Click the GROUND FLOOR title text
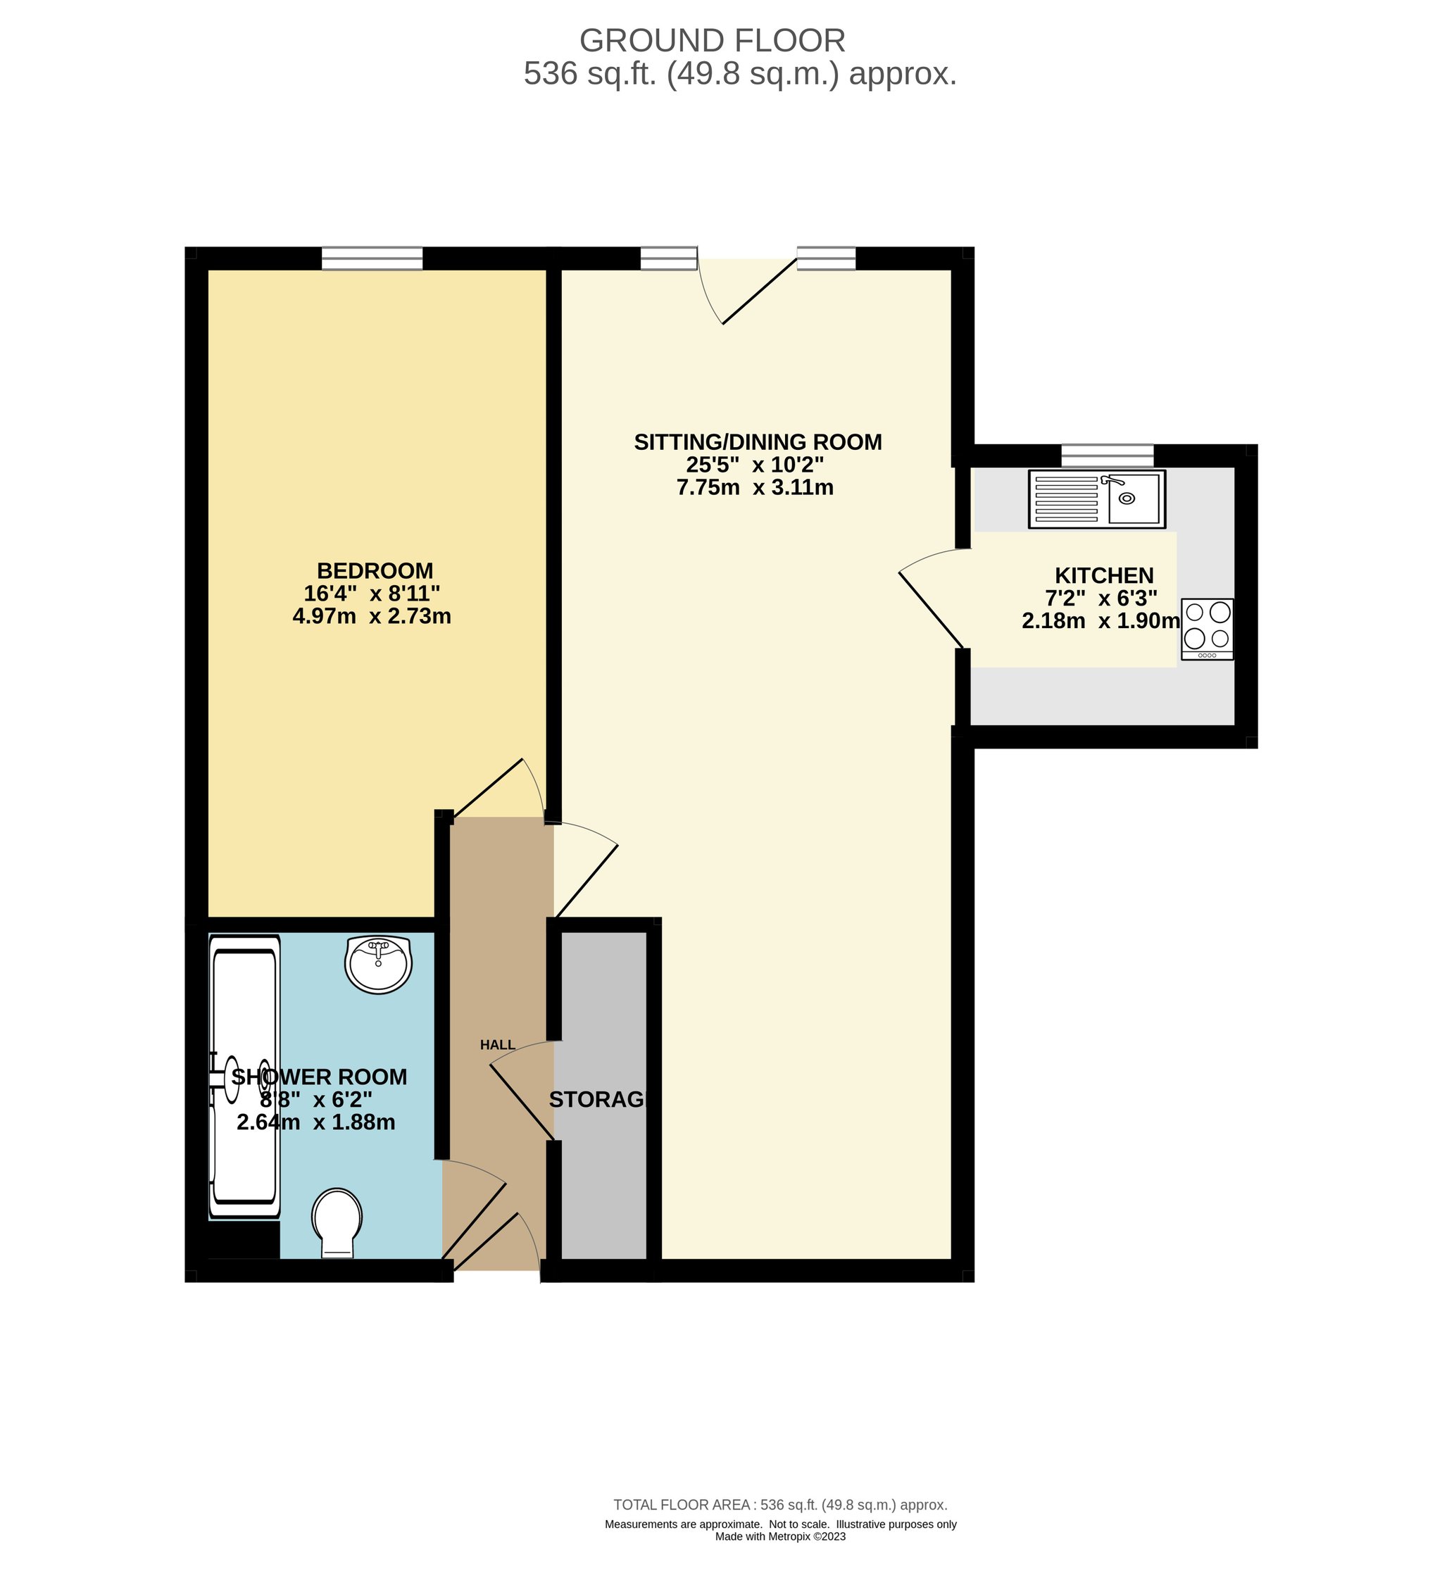pyautogui.click(x=713, y=40)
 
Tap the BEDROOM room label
pyautogui.click(x=375, y=570)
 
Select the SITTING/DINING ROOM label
pyautogui.click(x=758, y=441)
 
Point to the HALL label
pyautogui.click(x=498, y=1045)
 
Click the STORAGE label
pyautogui.click(x=598, y=1099)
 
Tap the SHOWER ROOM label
pyautogui.click(x=319, y=1077)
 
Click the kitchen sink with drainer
pyautogui.click(x=1097, y=499)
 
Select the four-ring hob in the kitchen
pyautogui.click(x=1208, y=629)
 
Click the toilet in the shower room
pyautogui.click(x=337, y=1223)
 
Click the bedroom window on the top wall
pyautogui.click(x=372, y=258)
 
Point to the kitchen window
pyautogui.click(x=1107, y=456)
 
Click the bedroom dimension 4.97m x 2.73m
pyautogui.click(x=372, y=616)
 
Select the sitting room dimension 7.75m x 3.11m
pyautogui.click(x=755, y=487)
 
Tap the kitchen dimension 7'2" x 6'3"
pyautogui.click(x=1101, y=598)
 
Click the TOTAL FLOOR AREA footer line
pyautogui.click(x=780, y=1505)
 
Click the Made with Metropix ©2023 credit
pyautogui.click(x=780, y=1536)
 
